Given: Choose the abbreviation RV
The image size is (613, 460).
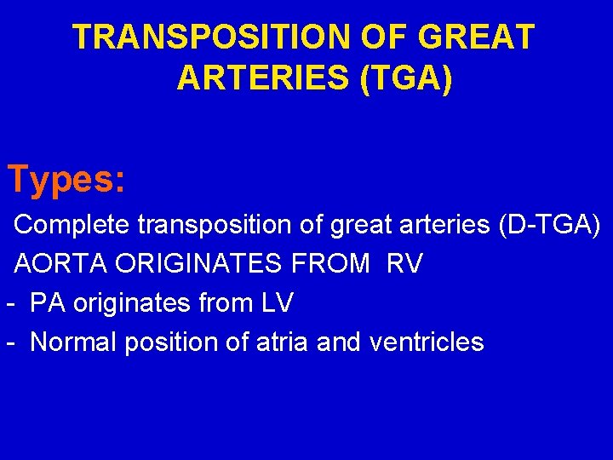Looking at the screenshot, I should coord(404,264).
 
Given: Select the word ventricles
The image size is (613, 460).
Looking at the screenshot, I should coord(427,342).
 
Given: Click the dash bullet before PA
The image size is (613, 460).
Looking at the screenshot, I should coord(10,303).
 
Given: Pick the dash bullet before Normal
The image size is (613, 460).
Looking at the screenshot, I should coord(10,342).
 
